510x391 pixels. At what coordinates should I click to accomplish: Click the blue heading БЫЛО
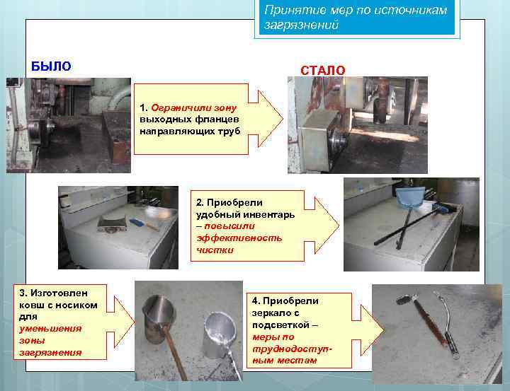[51, 66]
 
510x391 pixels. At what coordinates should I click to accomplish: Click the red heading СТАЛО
[323, 71]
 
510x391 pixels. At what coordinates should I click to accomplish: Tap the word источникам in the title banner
[411, 11]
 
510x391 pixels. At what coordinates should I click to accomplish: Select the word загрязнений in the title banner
[301, 25]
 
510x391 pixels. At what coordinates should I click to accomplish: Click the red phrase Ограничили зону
[194, 107]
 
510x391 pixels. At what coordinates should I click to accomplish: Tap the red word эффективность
[239, 238]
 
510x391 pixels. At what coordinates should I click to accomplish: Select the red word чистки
[215, 250]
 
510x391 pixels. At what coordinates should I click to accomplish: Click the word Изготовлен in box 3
[59, 293]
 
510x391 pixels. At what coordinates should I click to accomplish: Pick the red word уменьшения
[50, 329]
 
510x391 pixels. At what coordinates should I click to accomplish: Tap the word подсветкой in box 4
[280, 325]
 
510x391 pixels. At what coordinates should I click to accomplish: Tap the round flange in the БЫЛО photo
[38, 132]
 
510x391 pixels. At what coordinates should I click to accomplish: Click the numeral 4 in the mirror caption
[255, 301]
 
